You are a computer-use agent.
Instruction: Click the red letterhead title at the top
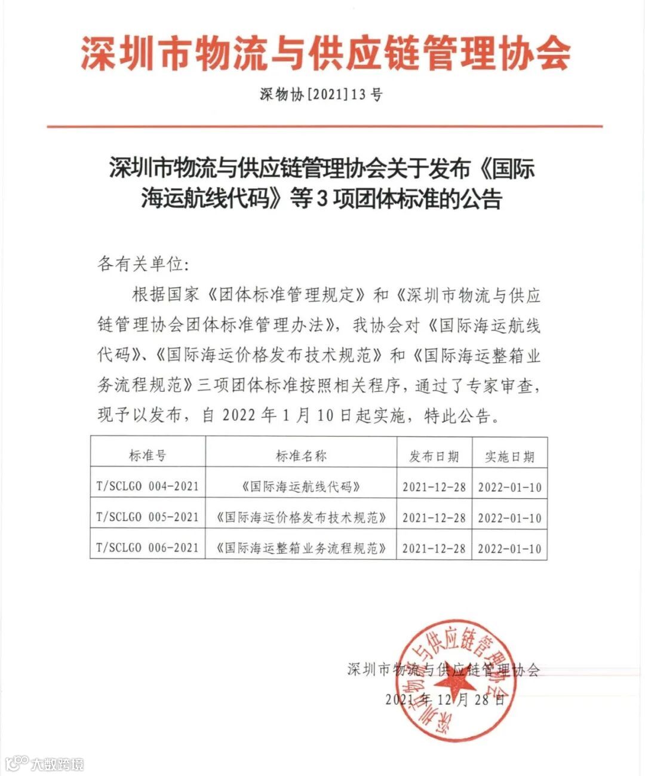(325, 53)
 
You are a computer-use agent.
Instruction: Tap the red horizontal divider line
(324, 127)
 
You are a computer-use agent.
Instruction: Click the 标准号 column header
(148, 456)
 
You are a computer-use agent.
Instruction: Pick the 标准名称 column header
(301, 456)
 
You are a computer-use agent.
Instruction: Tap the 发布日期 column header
(434, 456)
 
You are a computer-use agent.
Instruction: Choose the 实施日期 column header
(509, 457)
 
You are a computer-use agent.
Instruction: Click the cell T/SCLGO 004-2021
(148, 486)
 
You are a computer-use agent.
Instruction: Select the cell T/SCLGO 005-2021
(148, 517)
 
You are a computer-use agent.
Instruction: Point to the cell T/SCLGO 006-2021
(148, 547)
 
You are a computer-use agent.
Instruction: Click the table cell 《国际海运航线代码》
(301, 487)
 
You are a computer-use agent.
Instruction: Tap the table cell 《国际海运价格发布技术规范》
(301, 518)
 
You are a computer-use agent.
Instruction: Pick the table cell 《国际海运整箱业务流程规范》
(301, 548)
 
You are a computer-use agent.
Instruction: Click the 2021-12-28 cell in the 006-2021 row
(434, 548)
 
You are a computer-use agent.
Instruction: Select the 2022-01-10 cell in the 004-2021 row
(509, 487)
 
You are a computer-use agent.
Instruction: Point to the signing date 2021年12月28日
(445, 700)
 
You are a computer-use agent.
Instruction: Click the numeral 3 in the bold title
(320, 200)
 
